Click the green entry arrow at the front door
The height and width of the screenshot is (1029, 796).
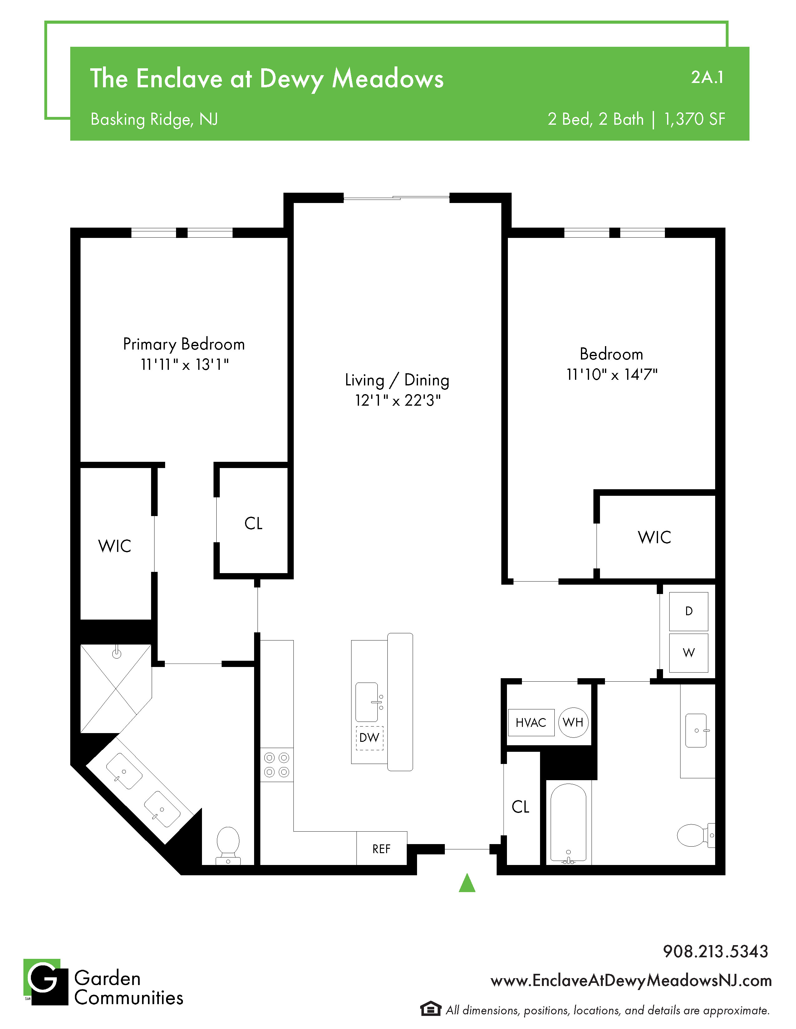click(x=467, y=883)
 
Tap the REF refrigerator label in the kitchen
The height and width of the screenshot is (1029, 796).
click(x=381, y=849)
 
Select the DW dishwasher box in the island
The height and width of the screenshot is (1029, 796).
click(x=369, y=738)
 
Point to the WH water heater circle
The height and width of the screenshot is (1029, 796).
click(x=573, y=722)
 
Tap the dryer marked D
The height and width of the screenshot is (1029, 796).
click(x=689, y=611)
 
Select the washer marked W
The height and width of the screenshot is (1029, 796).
click(x=689, y=653)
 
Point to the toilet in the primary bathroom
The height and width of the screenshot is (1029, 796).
click(x=228, y=846)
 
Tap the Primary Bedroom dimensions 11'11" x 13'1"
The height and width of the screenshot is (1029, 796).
click(x=185, y=364)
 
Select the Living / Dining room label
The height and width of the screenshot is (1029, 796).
click(x=397, y=380)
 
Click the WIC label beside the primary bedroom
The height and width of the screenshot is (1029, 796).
click(x=115, y=546)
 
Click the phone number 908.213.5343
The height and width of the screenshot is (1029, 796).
click(x=715, y=951)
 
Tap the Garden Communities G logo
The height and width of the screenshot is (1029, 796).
click(x=46, y=982)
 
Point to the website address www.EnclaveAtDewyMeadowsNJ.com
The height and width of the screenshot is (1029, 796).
click(x=631, y=980)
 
